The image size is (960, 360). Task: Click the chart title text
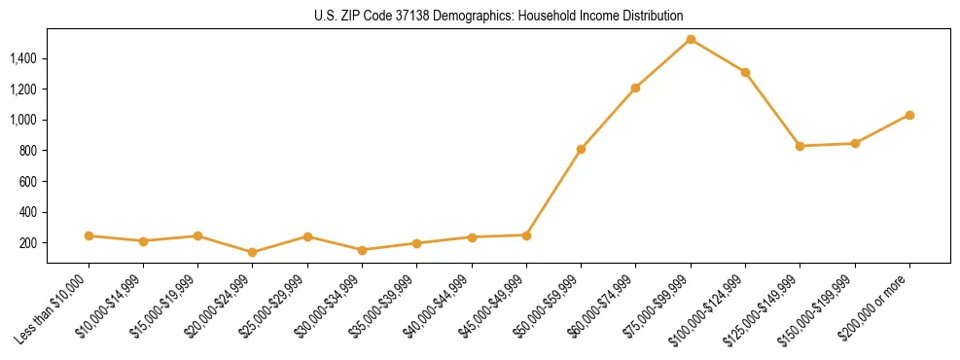[498, 16]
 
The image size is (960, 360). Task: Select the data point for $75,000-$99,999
[691, 40]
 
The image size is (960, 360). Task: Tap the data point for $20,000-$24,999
[253, 252]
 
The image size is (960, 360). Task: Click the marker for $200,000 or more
[909, 115]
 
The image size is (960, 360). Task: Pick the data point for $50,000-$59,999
[581, 149]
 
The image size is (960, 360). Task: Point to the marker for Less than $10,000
[89, 235]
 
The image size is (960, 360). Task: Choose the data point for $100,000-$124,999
[745, 72]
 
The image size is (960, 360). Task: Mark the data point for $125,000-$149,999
[800, 146]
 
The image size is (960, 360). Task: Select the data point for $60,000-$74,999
[635, 88]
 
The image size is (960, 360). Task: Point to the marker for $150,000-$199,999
[855, 143]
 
